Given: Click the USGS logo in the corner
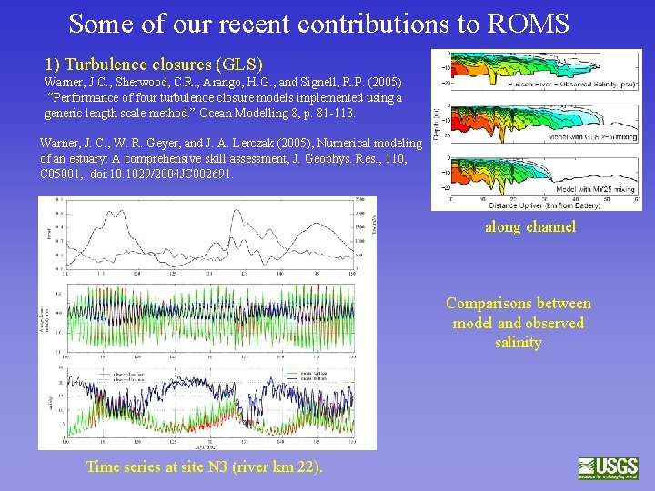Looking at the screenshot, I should pyautogui.click(x=609, y=468).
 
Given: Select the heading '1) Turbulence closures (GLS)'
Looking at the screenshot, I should pyautogui.click(x=154, y=65).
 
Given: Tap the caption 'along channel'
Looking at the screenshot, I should pyautogui.click(x=530, y=226).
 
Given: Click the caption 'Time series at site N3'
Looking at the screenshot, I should pyautogui.click(x=204, y=466).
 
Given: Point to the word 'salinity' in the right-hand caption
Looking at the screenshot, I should pyautogui.click(x=519, y=343).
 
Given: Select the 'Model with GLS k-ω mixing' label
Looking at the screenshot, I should pyautogui.click(x=589, y=138).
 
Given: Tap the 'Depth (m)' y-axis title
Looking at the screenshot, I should pyautogui.click(x=439, y=129).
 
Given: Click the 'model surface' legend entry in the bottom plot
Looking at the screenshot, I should pyautogui.click(x=307, y=373).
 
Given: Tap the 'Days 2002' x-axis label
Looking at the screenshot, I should pyautogui.click(x=207, y=447).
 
